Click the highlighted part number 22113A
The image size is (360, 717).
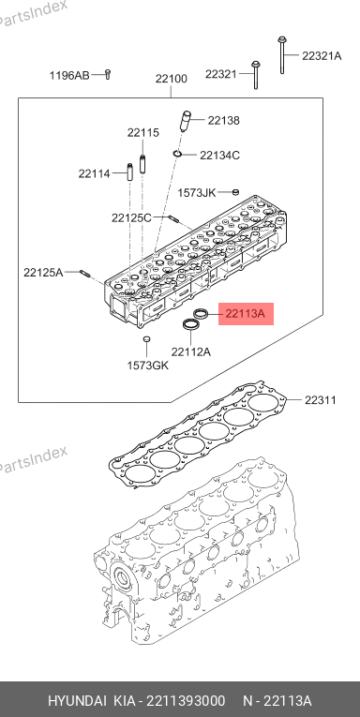coord(246,314)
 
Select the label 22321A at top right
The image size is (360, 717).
coord(322,56)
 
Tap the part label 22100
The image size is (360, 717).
coord(171,79)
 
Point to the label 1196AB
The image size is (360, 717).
coord(69,76)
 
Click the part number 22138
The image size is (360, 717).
coord(224,121)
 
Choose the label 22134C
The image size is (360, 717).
coord(219,155)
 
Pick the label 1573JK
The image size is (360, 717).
coord(196,192)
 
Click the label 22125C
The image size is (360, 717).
coord(131,217)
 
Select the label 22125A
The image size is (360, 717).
coord(43,273)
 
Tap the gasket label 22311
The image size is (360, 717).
coord(321,400)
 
